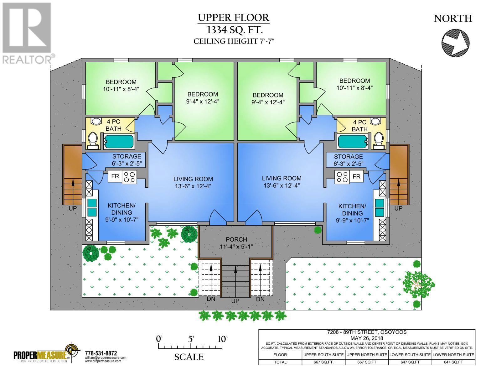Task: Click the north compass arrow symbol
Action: coord(456,42)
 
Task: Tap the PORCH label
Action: coord(236,239)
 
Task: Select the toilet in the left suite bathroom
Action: coord(93,140)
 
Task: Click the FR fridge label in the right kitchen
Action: coord(356,176)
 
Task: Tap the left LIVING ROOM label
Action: coord(193,179)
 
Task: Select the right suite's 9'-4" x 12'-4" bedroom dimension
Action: coord(268,102)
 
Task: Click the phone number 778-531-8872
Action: coord(101,353)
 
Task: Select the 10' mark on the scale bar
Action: coord(222,339)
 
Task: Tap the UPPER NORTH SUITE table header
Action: coord(366,354)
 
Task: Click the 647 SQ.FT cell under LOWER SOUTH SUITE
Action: coord(410,362)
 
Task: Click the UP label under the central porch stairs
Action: coord(235,300)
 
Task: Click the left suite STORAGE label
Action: coord(127,156)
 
